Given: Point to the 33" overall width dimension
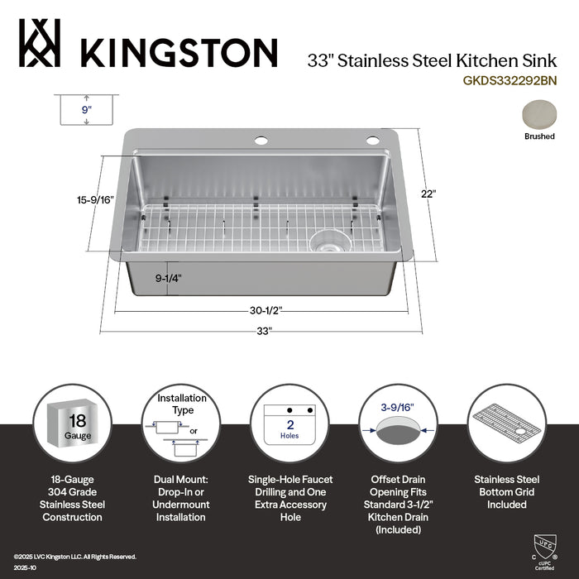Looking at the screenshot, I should [x=264, y=331].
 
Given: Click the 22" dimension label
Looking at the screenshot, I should [x=428, y=194].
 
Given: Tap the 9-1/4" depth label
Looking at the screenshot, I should [x=169, y=279].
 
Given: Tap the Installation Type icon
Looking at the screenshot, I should [x=181, y=423].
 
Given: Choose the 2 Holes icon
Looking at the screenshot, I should [x=290, y=423].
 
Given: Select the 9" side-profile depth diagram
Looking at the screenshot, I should [x=86, y=109].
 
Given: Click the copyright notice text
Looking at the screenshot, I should [x=74, y=557].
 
